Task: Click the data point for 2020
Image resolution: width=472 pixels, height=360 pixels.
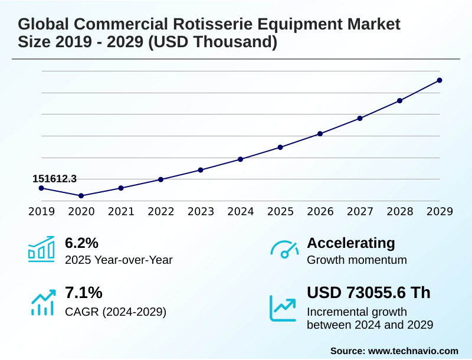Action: [81, 195]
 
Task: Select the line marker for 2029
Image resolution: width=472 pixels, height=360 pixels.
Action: [440, 80]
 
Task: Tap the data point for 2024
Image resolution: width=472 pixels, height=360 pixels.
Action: [241, 159]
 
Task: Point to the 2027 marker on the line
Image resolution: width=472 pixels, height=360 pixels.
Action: [360, 118]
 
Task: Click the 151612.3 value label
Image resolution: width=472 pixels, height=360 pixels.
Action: [54, 179]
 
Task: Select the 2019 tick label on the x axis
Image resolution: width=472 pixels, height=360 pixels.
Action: [41, 211]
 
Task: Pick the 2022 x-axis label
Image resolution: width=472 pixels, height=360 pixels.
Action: [161, 211]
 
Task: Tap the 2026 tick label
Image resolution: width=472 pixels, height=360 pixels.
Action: [320, 211]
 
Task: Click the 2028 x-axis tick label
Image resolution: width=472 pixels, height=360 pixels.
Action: [400, 211]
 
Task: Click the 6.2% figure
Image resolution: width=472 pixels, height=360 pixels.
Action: [81, 243]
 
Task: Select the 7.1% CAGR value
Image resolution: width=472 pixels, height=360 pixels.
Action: [83, 293]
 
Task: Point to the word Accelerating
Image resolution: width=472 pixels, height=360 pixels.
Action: [351, 243]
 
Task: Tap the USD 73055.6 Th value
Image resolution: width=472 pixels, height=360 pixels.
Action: [369, 293]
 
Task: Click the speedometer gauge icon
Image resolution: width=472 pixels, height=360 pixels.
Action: [284, 250]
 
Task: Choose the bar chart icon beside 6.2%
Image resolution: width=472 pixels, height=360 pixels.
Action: [41, 250]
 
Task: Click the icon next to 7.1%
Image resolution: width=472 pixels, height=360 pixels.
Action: [41, 302]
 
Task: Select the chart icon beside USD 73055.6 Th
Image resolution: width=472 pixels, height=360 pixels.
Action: [283, 308]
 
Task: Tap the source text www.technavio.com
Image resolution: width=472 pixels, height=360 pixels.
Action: [413, 351]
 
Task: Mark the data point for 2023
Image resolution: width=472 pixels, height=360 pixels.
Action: [201, 170]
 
